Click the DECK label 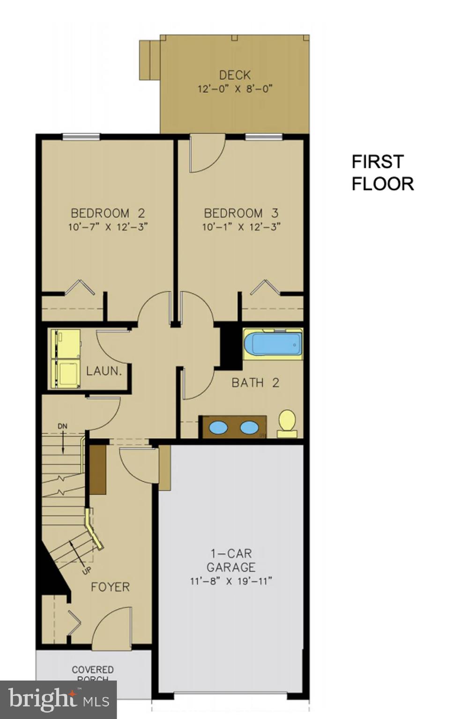[x=235, y=75]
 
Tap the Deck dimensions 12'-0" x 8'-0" [x=235, y=88]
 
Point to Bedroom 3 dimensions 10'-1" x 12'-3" [x=241, y=227]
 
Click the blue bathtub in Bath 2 [x=273, y=344]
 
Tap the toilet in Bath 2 [x=287, y=422]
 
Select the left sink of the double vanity [x=218, y=427]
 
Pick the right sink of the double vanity [x=249, y=427]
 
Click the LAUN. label [x=104, y=371]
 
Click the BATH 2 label [x=255, y=383]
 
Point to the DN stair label [x=62, y=426]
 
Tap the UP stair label [x=87, y=570]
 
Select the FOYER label [x=110, y=587]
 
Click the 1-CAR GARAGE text [x=231, y=560]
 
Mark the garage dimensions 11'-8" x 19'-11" [x=231, y=581]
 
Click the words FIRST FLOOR [x=382, y=173]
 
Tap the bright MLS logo [x=59, y=699]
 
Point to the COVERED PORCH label [x=93, y=673]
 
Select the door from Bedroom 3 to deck [x=207, y=154]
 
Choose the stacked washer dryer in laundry [x=66, y=359]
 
